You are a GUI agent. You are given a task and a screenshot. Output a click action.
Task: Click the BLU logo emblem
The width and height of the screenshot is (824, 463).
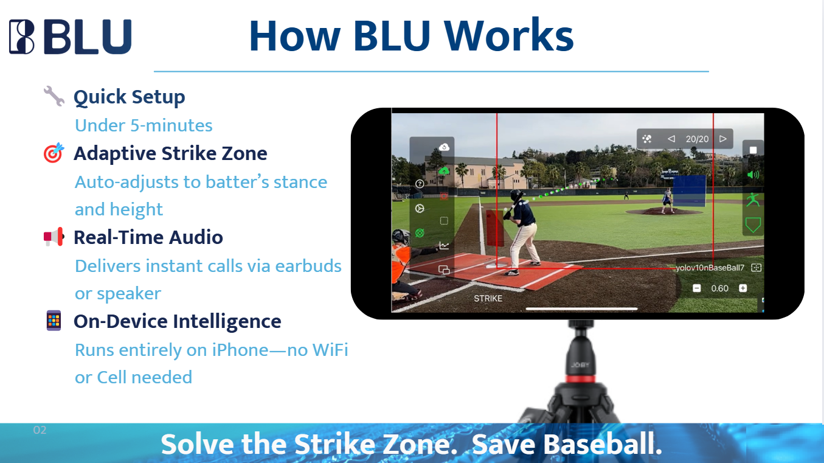click(x=22, y=37)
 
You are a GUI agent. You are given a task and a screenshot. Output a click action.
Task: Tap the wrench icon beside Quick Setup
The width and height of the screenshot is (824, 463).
click(x=54, y=96)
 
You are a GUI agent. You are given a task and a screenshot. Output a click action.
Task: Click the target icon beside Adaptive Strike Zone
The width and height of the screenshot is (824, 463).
click(x=54, y=153)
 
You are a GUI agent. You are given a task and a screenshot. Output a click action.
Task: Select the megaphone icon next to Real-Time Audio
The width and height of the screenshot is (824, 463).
click(x=54, y=237)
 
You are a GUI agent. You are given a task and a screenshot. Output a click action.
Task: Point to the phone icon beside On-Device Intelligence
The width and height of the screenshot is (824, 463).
click(x=54, y=321)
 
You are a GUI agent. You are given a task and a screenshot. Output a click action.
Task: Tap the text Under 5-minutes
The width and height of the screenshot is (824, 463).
click(x=144, y=125)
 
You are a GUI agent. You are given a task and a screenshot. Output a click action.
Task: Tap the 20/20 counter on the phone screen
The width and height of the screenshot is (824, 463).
click(x=697, y=139)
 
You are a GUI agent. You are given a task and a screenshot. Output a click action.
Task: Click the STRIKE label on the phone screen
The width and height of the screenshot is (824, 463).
click(x=488, y=299)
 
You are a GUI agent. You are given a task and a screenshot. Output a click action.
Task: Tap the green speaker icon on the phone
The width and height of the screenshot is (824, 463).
click(x=753, y=175)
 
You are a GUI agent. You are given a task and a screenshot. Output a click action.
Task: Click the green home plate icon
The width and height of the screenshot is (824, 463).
click(x=753, y=225)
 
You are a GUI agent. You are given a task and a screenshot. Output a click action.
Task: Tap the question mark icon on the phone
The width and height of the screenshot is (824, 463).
click(x=420, y=184)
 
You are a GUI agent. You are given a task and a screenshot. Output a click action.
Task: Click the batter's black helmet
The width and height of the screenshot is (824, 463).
click(x=516, y=195)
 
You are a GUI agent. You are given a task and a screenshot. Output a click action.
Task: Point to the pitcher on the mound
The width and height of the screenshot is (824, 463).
click(x=667, y=200)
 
